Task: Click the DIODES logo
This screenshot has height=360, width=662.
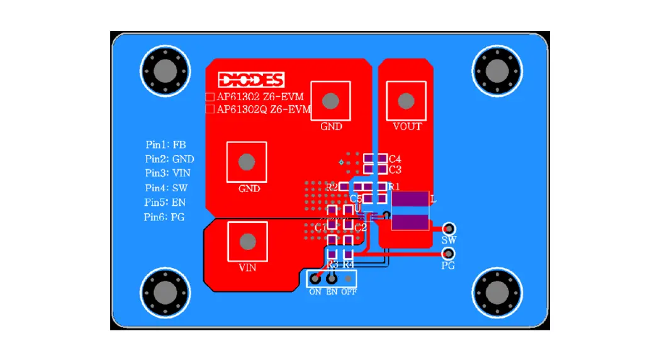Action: point(251,80)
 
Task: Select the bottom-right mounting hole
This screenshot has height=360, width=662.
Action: point(497,292)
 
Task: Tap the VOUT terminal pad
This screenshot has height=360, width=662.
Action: point(407,101)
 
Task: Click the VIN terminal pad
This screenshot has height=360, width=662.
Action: point(248,242)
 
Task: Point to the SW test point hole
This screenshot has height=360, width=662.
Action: point(449,228)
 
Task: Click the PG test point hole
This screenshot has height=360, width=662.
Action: point(448,254)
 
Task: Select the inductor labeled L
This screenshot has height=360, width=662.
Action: point(410,211)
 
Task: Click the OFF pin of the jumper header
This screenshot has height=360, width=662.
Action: point(347,278)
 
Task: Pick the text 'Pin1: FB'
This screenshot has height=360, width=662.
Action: point(165,144)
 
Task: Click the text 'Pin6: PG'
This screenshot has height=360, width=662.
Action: point(164,217)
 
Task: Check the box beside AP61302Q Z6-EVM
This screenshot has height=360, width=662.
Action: point(210,110)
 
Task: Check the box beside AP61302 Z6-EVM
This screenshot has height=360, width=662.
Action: point(210,97)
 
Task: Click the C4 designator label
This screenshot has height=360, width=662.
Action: point(395,159)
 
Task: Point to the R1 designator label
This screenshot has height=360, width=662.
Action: point(394,186)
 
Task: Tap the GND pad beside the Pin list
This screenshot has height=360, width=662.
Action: point(247,162)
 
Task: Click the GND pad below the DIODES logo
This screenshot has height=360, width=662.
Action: point(331,101)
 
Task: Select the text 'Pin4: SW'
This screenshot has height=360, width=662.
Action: point(166,188)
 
